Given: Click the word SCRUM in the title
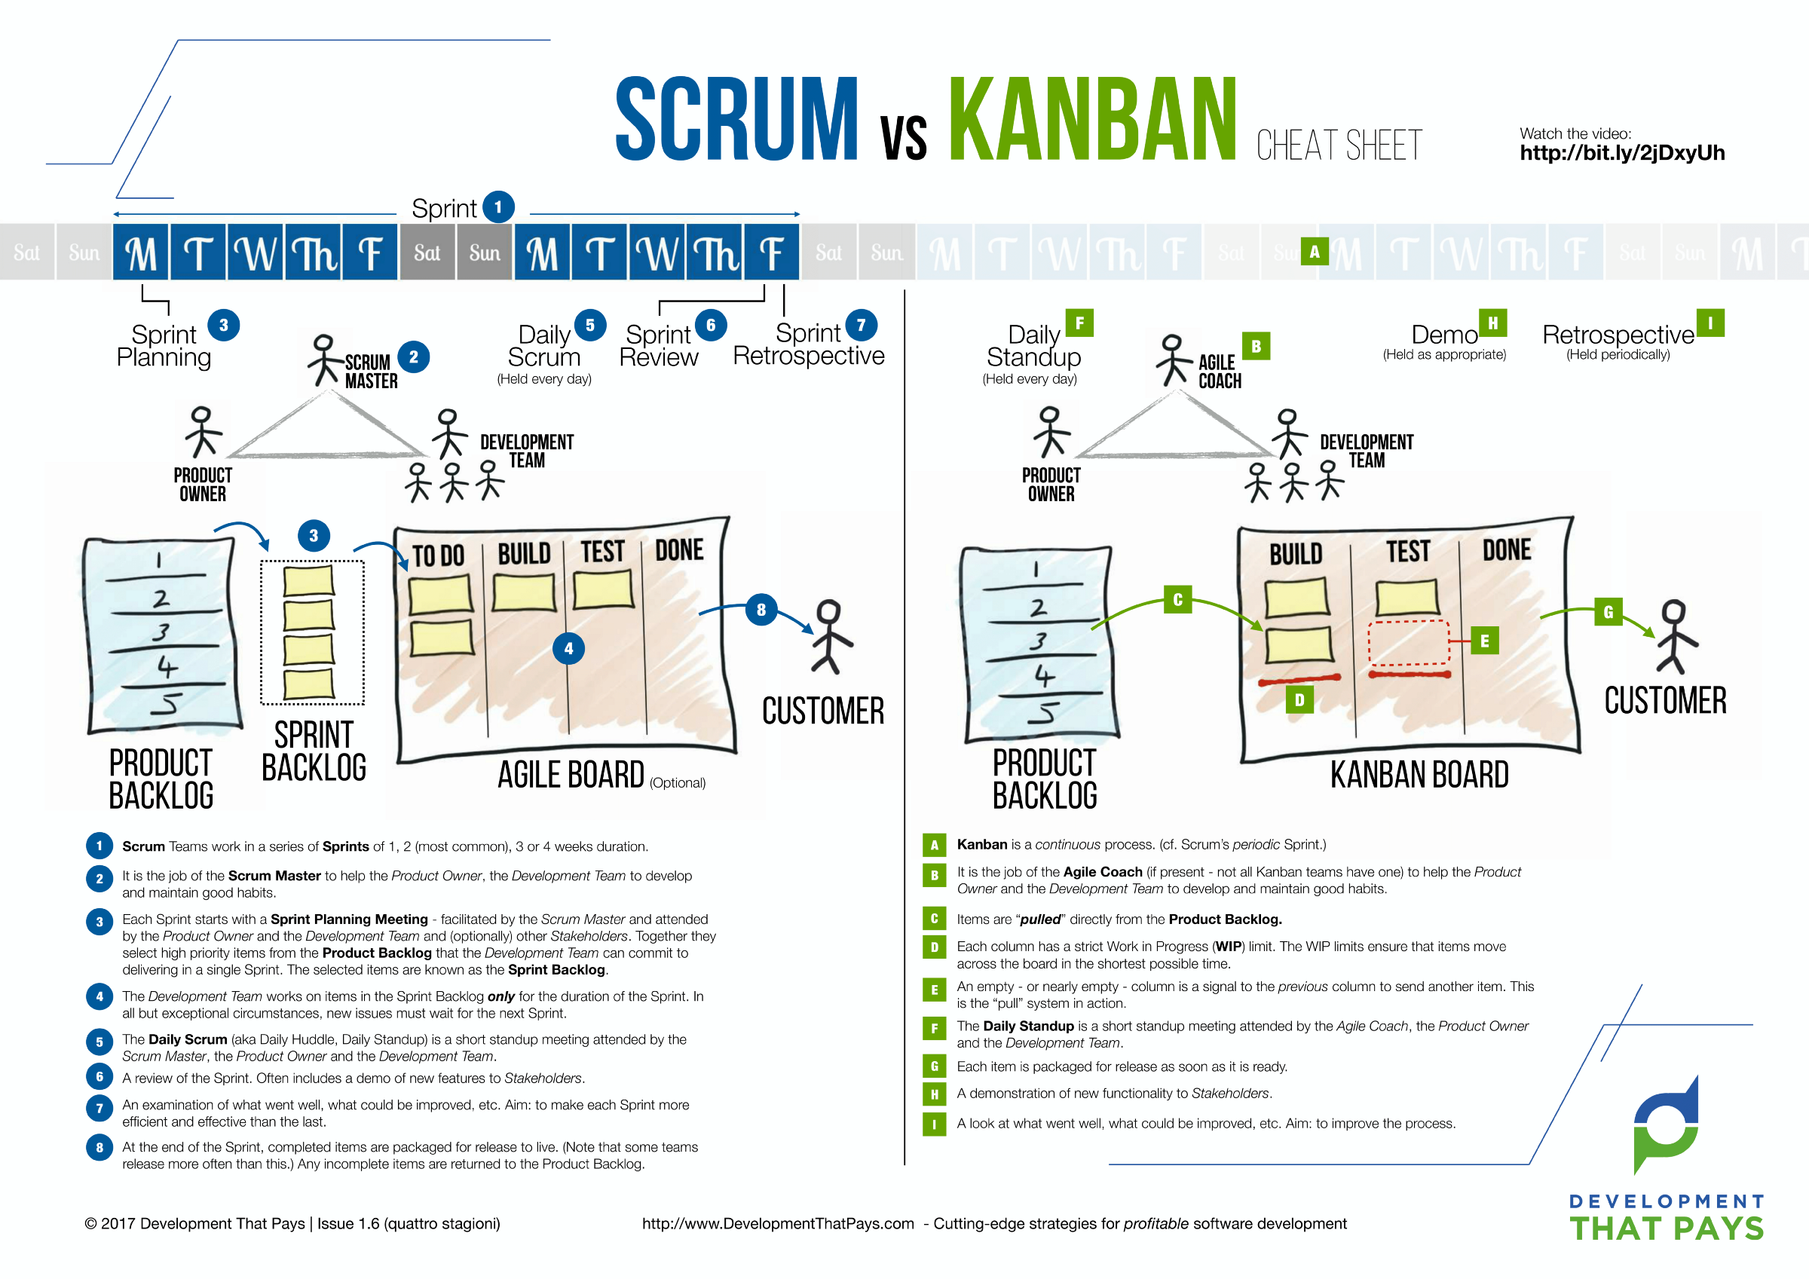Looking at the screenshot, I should pos(736,120).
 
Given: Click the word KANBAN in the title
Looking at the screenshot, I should pos(1092,120).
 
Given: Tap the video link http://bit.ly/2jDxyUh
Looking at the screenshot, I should pos(1621,153).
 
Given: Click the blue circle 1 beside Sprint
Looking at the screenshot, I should pos(498,207).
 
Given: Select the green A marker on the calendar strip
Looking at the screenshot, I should pos(1315,252).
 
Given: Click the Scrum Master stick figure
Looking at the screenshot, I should pos(324,360).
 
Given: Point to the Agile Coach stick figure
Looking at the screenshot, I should pos(1173,360).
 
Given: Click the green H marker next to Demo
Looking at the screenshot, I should pos(1492,323).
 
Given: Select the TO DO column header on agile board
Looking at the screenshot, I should pos(438,556).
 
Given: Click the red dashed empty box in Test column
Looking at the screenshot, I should pos(1409,642).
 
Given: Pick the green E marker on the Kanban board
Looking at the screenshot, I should pos(1484,641).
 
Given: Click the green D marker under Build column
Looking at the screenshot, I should pos(1299,699).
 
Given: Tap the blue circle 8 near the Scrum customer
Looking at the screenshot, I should pos(761,609).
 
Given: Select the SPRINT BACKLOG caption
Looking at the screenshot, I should pos(314,751).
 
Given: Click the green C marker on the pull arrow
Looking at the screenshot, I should pos(1177,600).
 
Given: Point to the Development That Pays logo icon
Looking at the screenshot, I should pos(1666,1127).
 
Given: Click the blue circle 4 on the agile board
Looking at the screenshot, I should pos(569,649).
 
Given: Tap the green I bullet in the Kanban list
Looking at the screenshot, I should pos(935,1124).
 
